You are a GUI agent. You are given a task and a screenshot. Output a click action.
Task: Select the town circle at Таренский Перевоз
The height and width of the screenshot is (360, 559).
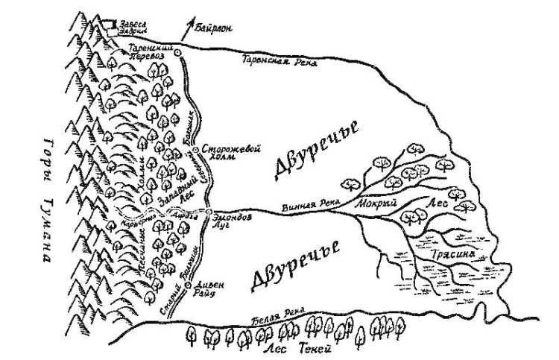(x=178, y=53)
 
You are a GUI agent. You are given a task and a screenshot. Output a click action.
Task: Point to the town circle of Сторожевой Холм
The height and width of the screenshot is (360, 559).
(x=196, y=150)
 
